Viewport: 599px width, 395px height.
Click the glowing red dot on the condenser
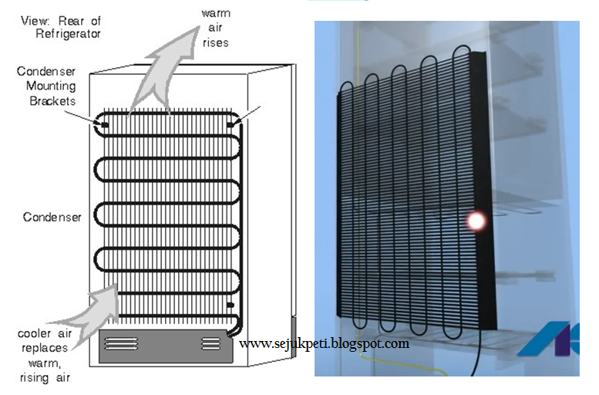(476, 221)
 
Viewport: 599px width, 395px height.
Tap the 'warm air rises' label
(215, 29)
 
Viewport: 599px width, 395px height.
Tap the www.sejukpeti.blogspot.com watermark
(325, 343)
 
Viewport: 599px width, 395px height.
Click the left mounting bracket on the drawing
(102, 122)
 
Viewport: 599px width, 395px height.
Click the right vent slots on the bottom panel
(210, 343)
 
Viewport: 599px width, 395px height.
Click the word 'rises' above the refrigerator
(215, 42)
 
